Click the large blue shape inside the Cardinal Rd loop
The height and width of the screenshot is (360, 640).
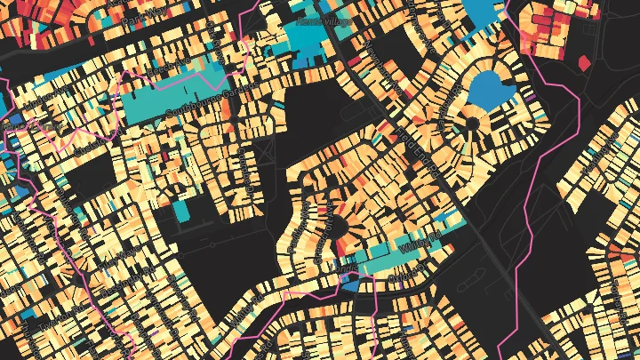coord(488,89)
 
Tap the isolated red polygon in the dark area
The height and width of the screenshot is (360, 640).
coord(584,62)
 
